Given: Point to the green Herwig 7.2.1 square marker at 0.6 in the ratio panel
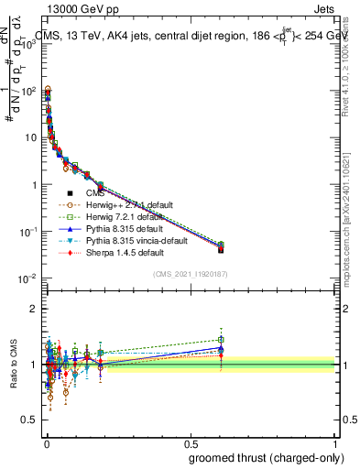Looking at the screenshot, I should pyautogui.click(x=220, y=340).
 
